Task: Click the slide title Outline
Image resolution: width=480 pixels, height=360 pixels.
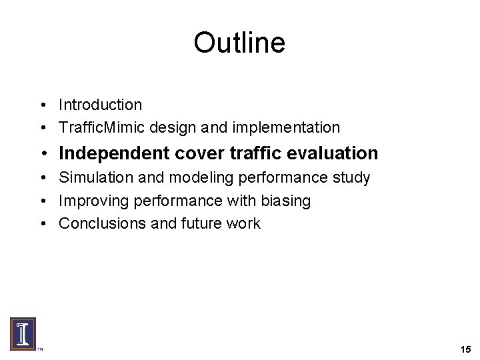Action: pyautogui.click(x=239, y=43)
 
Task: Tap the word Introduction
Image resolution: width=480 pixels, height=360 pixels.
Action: pyautogui.click(x=100, y=105)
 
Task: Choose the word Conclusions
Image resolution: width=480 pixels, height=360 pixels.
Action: pyautogui.click(x=98, y=223)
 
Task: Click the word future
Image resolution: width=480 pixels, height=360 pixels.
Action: pyautogui.click(x=197, y=223)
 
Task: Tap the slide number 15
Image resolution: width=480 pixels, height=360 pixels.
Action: pyautogui.click(x=465, y=349)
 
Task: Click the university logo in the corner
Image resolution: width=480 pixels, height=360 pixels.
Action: pyautogui.click(x=23, y=333)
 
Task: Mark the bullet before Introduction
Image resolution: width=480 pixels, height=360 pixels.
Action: pyautogui.click(x=42, y=105)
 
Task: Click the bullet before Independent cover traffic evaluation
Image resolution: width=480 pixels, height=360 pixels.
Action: pyautogui.click(x=43, y=154)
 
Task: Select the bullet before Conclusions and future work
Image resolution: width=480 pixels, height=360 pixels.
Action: pyautogui.click(x=42, y=223)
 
